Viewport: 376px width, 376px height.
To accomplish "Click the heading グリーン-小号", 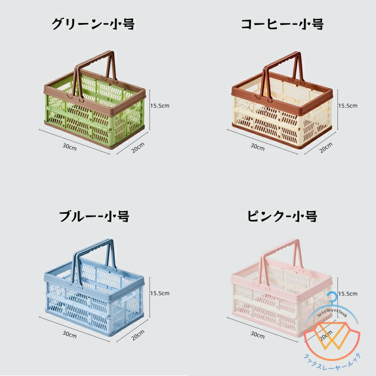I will tap(94, 24).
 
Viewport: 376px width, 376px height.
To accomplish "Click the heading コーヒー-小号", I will tap(282, 24).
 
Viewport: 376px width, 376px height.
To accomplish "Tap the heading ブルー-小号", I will tap(94, 217).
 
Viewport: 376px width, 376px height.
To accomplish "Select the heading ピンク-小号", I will tap(282, 217).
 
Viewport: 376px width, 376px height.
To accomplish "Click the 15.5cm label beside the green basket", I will tap(160, 106).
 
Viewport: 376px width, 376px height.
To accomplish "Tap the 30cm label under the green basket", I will tap(69, 147).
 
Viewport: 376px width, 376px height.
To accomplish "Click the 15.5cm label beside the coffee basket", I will tap(348, 106).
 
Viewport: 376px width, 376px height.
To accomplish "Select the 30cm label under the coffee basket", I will tap(257, 147).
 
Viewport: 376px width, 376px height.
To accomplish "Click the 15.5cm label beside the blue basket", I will tap(160, 293).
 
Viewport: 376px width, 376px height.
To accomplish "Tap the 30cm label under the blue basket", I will tap(69, 334).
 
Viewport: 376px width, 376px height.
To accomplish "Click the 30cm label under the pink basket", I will tap(257, 334).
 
